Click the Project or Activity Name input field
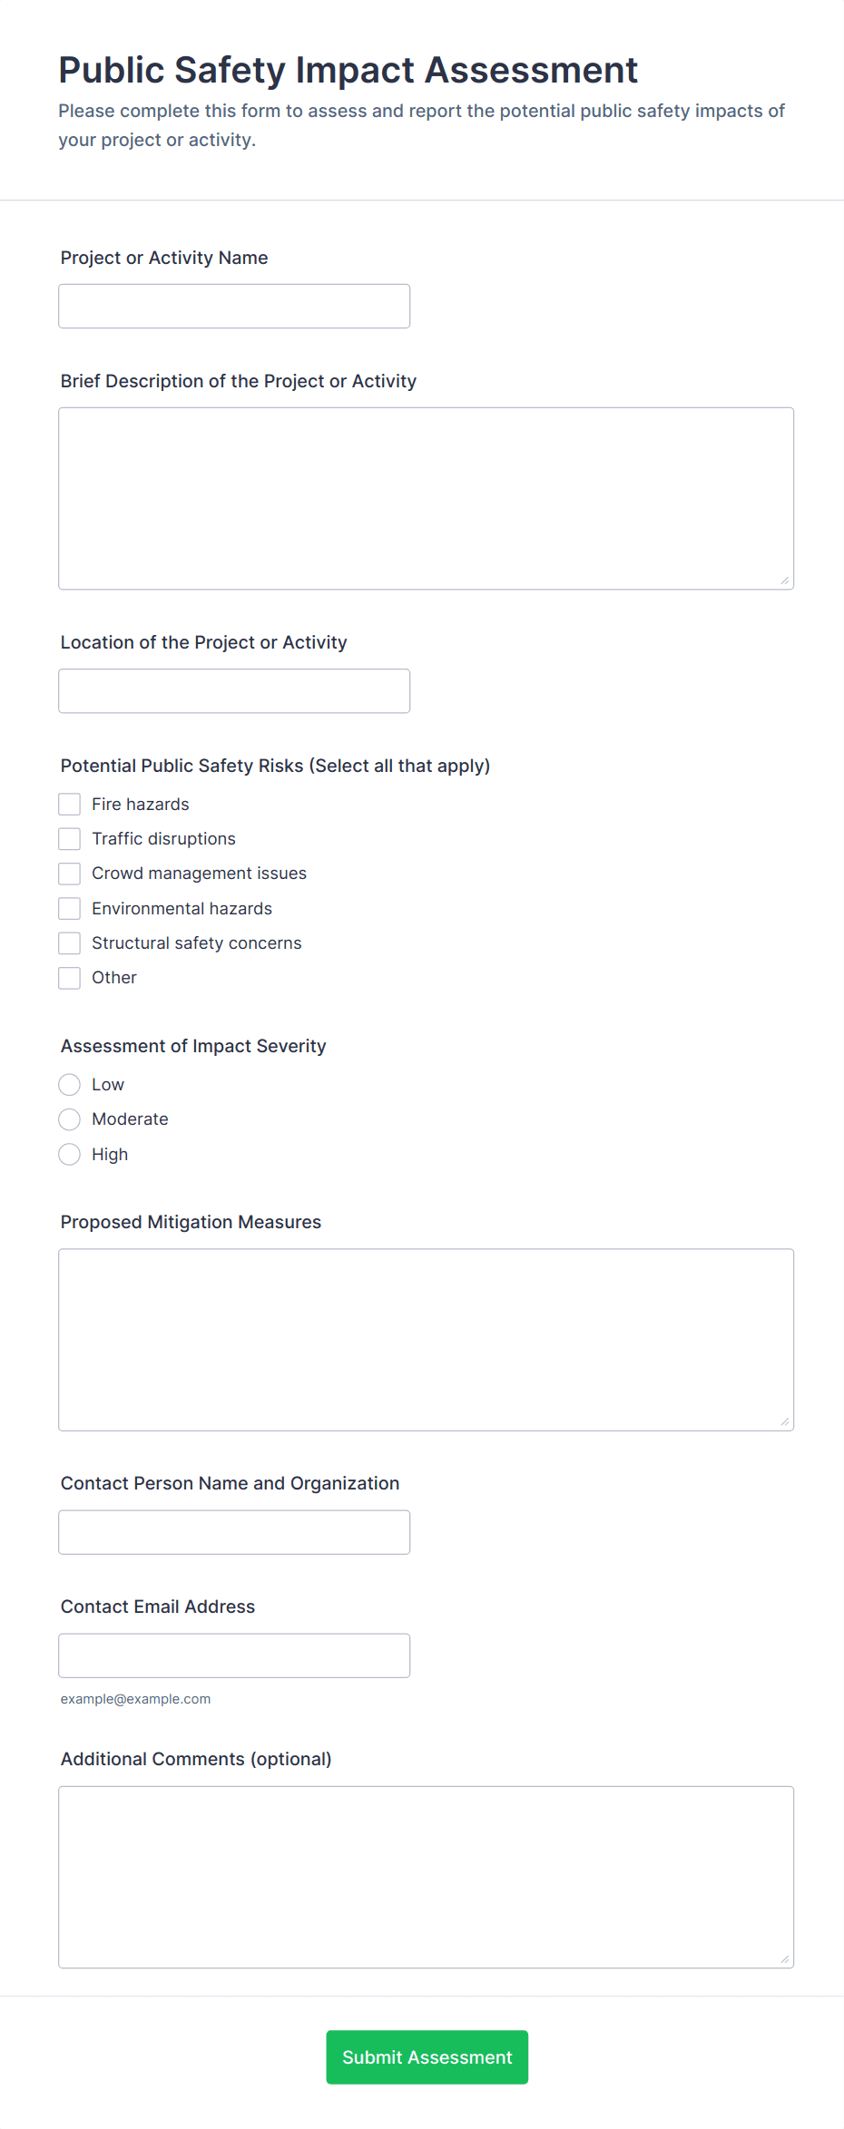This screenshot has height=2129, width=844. (234, 307)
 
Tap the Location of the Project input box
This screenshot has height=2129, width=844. (234, 691)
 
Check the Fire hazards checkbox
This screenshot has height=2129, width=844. (70, 805)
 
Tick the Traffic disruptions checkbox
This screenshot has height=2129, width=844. (70, 839)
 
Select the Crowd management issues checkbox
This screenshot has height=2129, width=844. (70, 874)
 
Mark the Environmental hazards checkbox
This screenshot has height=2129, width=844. (70, 909)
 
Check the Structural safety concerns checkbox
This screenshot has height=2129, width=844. (70, 943)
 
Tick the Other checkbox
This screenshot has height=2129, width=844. (70, 978)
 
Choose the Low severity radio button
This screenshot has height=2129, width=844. (70, 1085)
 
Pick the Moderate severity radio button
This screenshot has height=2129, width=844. (70, 1119)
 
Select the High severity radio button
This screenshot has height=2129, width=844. (70, 1155)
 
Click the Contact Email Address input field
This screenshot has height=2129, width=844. (234, 1655)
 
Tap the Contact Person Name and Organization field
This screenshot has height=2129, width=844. (234, 1532)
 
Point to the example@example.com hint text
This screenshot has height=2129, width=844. (135, 1699)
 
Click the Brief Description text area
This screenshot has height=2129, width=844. (426, 499)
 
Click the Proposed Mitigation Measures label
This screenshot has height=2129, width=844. (191, 1222)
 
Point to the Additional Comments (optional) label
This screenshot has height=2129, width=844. (196, 1759)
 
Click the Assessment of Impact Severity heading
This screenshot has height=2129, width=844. (193, 1046)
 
